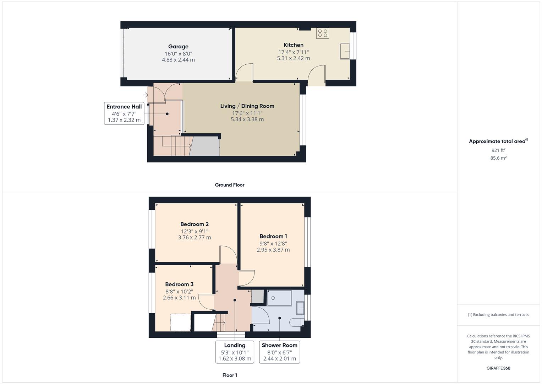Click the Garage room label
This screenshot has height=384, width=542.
(x=178, y=47)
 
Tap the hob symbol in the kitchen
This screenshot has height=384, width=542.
(x=323, y=33)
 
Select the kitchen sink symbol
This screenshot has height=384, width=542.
(x=344, y=51)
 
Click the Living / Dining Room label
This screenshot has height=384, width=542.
(x=247, y=106)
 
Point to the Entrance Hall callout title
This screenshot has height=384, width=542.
(x=124, y=107)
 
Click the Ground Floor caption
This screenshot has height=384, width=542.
(x=229, y=185)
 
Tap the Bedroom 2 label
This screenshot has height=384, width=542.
(x=194, y=224)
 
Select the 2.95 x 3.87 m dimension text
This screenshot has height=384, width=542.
(x=273, y=250)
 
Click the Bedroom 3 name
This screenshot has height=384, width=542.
(x=179, y=284)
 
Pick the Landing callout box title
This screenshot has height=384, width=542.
(x=235, y=345)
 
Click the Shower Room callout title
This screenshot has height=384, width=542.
(x=279, y=345)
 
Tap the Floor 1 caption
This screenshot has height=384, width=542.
(x=230, y=375)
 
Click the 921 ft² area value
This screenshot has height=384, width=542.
(x=498, y=150)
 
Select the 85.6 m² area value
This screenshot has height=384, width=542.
(x=498, y=158)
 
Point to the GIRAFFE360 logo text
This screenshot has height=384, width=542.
(x=498, y=368)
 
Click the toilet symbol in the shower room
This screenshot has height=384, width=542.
(x=296, y=322)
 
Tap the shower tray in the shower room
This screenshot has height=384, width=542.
(x=279, y=298)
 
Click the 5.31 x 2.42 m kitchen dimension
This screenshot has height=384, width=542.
(x=293, y=58)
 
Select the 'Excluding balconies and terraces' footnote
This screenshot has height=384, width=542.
(x=498, y=315)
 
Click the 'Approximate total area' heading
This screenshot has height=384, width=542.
(x=498, y=141)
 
